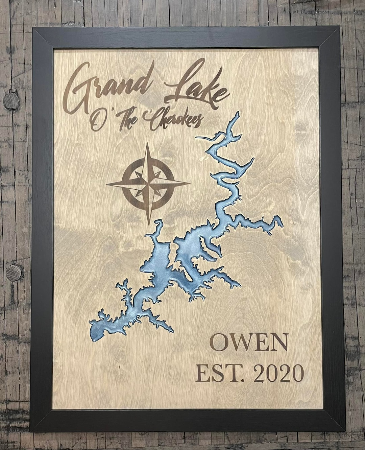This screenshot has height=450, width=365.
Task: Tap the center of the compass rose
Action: (148, 184)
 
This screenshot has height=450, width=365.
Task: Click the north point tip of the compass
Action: (148, 143)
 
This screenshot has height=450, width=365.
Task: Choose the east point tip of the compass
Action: (190, 184)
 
